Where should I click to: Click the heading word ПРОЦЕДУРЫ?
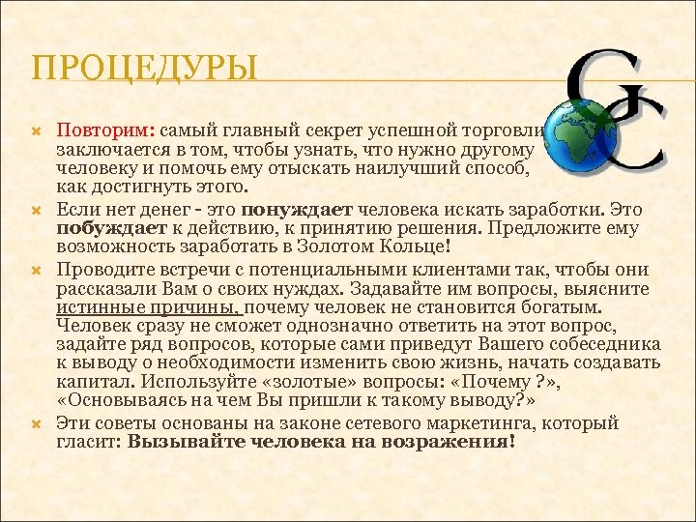coord(145,70)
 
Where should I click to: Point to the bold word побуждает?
coord(105,227)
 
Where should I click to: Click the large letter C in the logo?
coord(638,135)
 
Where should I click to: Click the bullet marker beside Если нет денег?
coord(40,208)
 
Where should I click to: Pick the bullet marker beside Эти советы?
coord(40,423)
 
